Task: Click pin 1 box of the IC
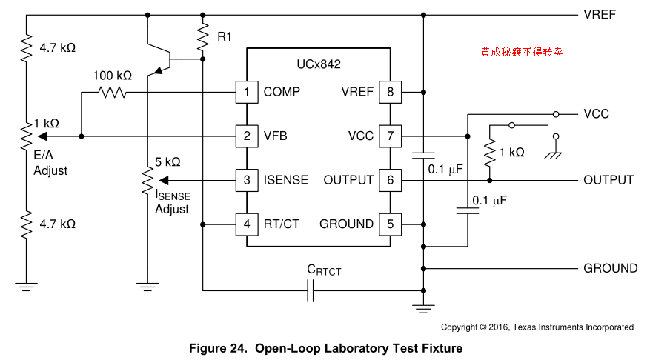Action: tap(247, 92)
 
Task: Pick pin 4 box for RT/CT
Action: tap(247, 224)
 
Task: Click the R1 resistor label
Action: tap(224, 36)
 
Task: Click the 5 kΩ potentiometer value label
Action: tap(167, 161)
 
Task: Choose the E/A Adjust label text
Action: tap(50, 164)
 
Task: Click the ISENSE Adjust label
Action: tap(172, 201)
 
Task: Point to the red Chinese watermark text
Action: tap(521, 53)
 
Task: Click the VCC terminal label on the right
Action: tap(596, 114)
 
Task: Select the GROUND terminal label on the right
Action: tap(610, 268)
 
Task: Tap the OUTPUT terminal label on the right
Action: tap(608, 180)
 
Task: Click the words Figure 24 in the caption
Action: tap(219, 348)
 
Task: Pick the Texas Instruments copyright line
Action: tap(537, 327)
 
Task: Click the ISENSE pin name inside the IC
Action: tap(286, 180)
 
